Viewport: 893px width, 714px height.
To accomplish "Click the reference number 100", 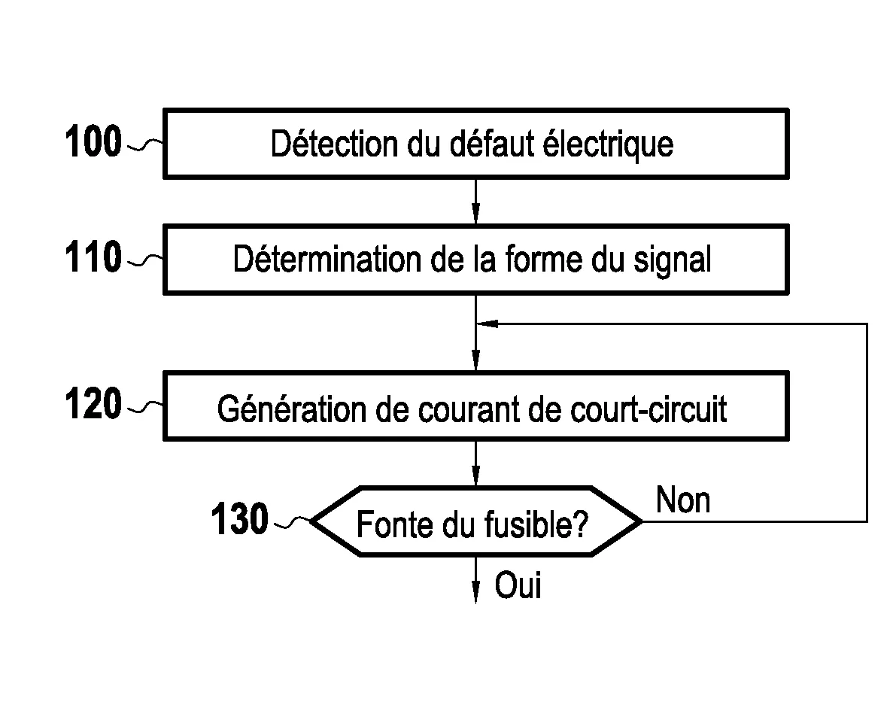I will pyautogui.click(x=93, y=142).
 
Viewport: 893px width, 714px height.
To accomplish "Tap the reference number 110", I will pyautogui.click(x=93, y=258).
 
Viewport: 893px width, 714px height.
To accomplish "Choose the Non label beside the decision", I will pyautogui.click(x=683, y=500).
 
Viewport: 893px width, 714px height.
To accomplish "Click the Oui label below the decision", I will pyautogui.click(x=518, y=585).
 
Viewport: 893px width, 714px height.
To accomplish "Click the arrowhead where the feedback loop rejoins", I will pyautogui.click(x=488, y=324).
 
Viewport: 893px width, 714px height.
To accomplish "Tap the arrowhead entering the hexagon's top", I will pyautogui.click(x=475, y=479).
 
